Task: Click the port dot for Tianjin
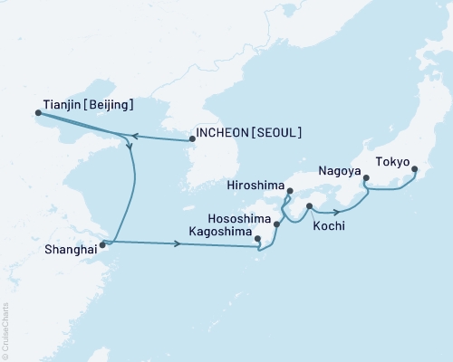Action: [38, 113]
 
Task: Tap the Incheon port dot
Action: [191, 139]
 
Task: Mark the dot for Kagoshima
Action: [258, 240]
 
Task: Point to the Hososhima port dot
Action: [276, 222]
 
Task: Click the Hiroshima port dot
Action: [289, 190]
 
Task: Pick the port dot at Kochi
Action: [310, 207]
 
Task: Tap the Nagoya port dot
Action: [366, 177]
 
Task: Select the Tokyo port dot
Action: [414, 169]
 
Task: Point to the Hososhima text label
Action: [237, 218]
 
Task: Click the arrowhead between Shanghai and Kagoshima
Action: [175, 244]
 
